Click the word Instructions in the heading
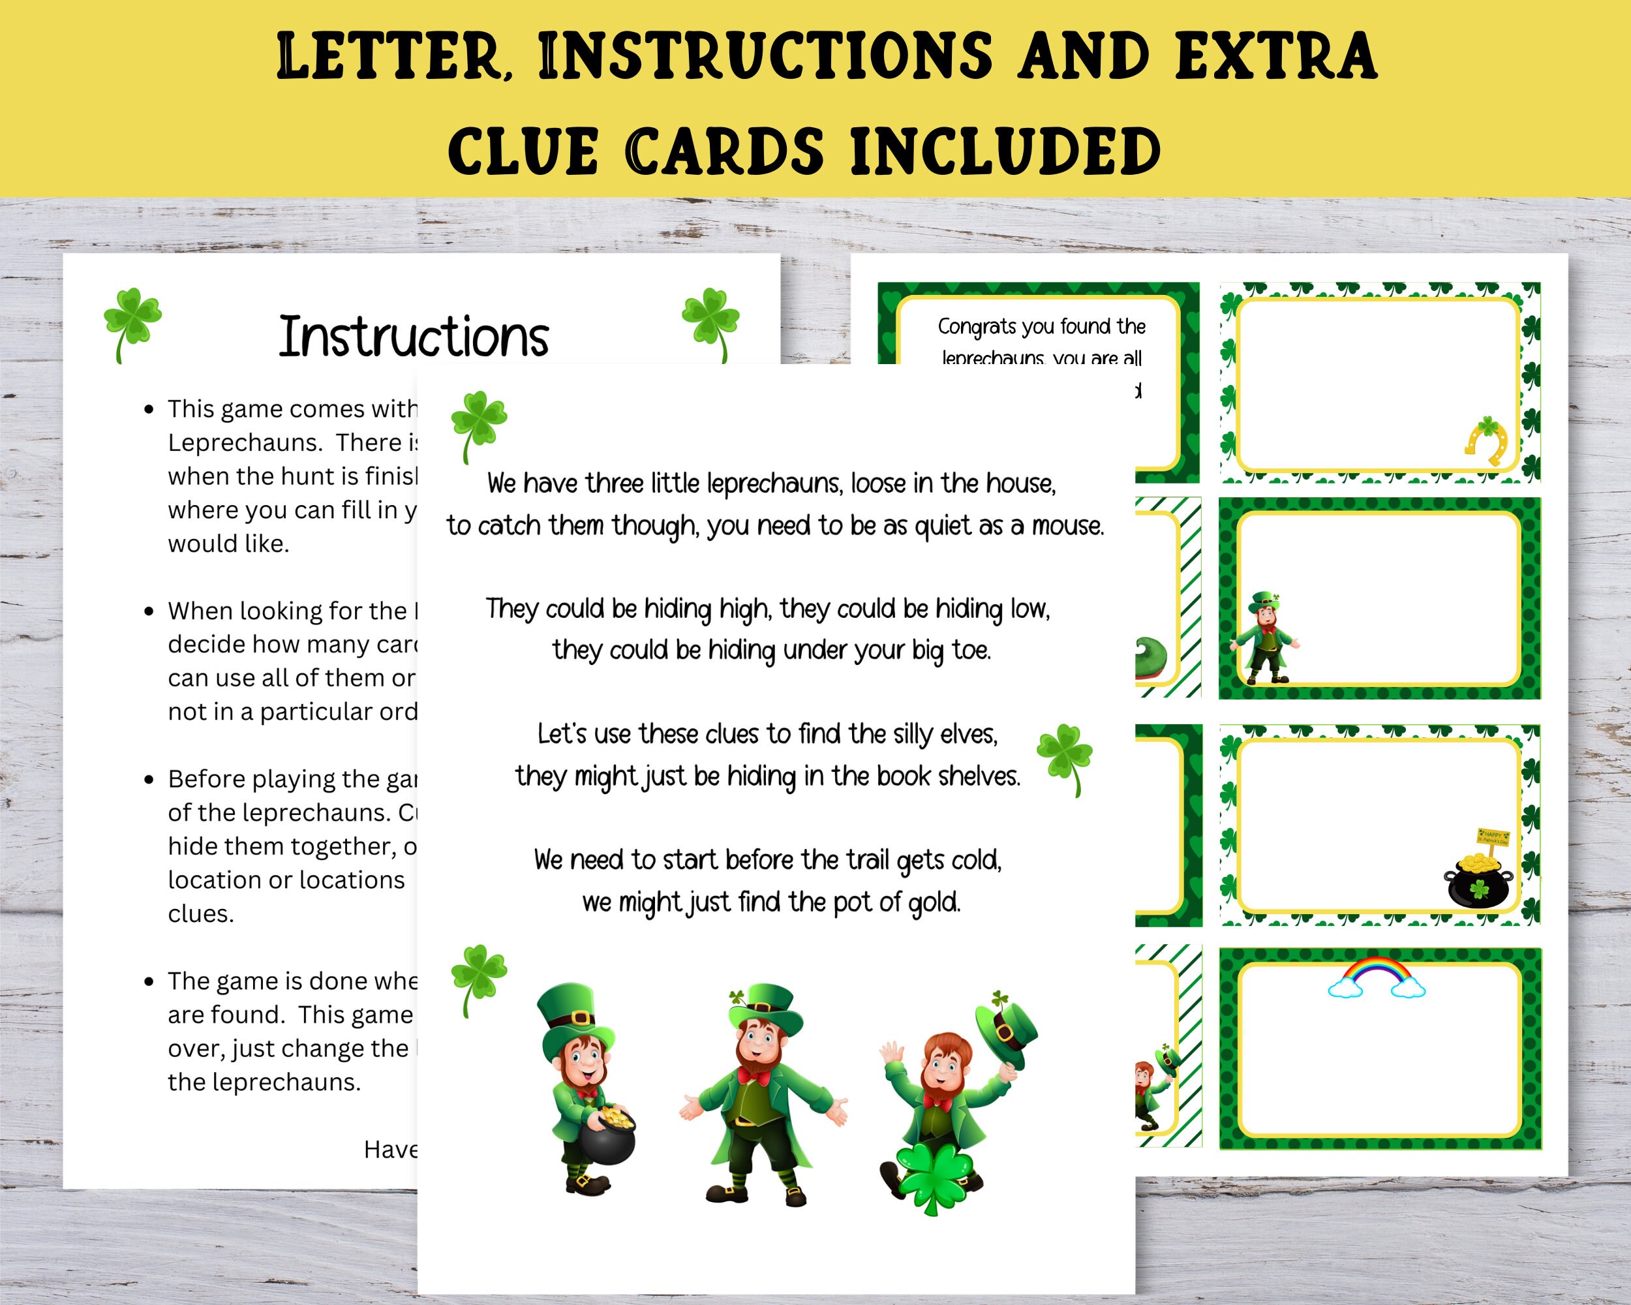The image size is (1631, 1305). [413, 337]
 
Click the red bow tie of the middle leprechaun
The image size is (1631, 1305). [754, 1075]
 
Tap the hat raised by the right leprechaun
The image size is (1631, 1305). [1007, 1028]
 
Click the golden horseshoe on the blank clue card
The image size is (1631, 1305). [1487, 443]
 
